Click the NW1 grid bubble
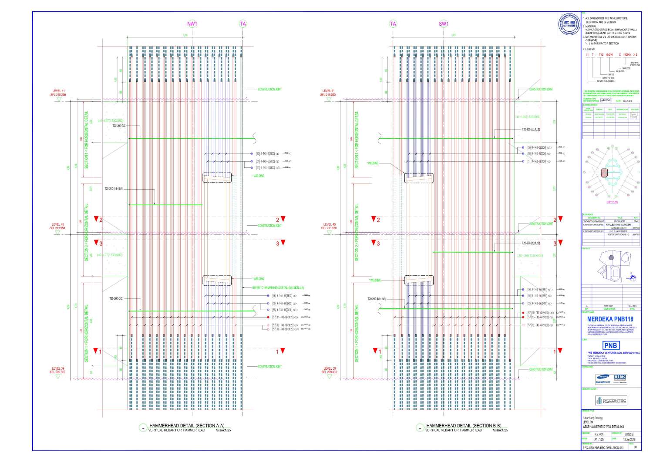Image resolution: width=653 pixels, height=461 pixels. pos(192,24)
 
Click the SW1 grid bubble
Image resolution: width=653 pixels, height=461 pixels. pos(443,24)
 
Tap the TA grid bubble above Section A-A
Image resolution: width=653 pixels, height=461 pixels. pos(243,24)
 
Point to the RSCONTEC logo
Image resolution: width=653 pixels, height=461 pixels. pos(611,401)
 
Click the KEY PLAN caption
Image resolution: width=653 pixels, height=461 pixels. pos(612,202)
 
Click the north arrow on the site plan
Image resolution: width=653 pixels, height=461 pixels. pos(632,274)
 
